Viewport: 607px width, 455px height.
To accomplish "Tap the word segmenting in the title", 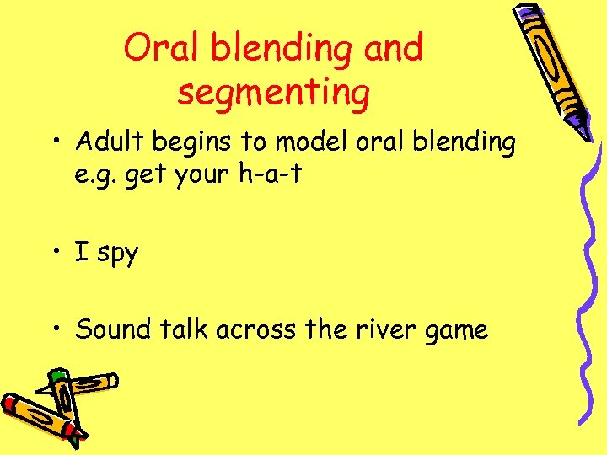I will pyautogui.click(x=273, y=93).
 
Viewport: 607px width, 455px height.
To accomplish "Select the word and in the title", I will pyautogui.click(x=394, y=48).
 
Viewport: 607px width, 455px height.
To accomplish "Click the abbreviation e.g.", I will pyautogui.click(x=97, y=174).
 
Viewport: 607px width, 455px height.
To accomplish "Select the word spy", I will pyautogui.click(x=117, y=254).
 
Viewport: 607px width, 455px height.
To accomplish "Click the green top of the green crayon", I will pyautogui.click(x=57, y=374).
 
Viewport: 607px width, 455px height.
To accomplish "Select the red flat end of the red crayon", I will pyautogui.click(x=8, y=403).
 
